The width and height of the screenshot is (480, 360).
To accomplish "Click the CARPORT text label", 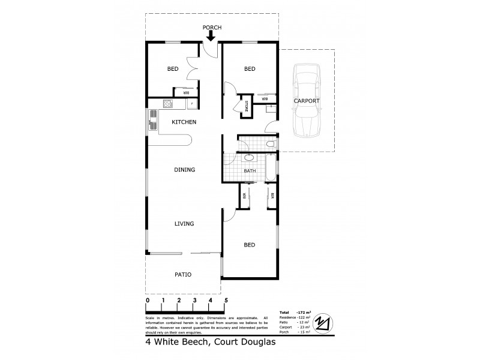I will coord(306,101).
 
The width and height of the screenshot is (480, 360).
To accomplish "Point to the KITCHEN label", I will coord(184,122).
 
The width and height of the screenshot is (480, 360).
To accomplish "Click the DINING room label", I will coord(184,170).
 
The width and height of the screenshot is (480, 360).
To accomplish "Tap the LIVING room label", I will coord(184,224).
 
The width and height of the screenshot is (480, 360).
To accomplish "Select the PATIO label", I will coord(182,275).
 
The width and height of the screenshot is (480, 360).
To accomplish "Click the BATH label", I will coord(250,171).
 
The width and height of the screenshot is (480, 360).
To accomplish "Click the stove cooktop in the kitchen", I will coord(169,104).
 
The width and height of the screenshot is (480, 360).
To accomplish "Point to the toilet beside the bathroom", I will coord(271,144).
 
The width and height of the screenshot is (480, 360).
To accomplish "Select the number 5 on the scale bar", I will coord(226,300).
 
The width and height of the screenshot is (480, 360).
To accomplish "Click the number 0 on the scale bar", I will coord(148,300).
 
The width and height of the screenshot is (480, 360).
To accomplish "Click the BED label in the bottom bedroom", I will coord(250,245).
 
